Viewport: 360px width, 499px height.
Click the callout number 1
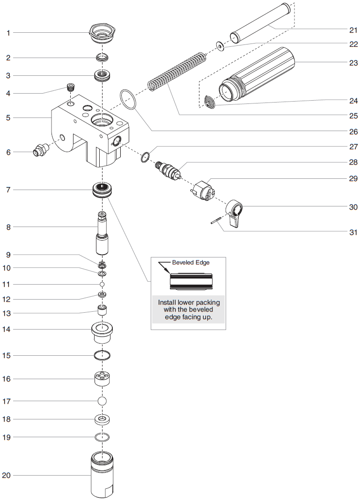[x=8, y=33]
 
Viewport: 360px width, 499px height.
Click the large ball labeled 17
[x=102, y=401]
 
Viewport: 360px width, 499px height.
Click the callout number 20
[x=6, y=475]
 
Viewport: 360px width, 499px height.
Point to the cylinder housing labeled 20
[x=102, y=475]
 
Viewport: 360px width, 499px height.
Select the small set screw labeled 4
[x=71, y=87]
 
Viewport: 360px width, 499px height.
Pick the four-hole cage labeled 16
[x=102, y=378]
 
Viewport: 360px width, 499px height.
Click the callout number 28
[x=353, y=162]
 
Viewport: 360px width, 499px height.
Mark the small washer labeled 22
[x=219, y=46]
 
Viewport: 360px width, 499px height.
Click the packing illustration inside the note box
[x=188, y=282]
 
